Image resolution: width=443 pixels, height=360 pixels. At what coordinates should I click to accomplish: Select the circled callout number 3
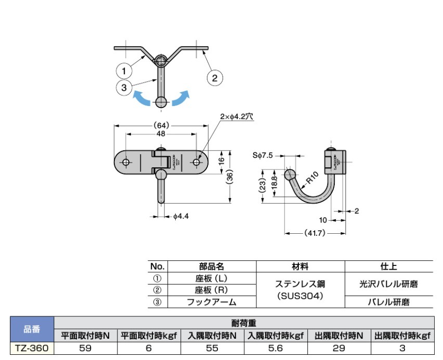coord(124,88)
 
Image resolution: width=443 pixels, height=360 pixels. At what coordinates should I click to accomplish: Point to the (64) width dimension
coord(161,125)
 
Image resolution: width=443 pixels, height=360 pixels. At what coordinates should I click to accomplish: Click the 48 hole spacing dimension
coord(161,134)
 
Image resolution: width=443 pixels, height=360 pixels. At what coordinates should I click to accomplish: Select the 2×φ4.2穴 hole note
coord(237,117)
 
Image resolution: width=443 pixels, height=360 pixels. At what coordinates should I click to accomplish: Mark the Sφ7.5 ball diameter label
coord(263,154)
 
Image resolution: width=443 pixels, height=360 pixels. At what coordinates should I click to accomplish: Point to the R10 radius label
coord(311,178)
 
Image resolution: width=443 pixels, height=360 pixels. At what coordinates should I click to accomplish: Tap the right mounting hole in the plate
coord(197,163)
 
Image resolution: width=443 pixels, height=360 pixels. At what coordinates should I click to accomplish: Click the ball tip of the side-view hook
coord(290,174)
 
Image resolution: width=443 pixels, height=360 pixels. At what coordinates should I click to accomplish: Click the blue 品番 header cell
coord(32,329)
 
